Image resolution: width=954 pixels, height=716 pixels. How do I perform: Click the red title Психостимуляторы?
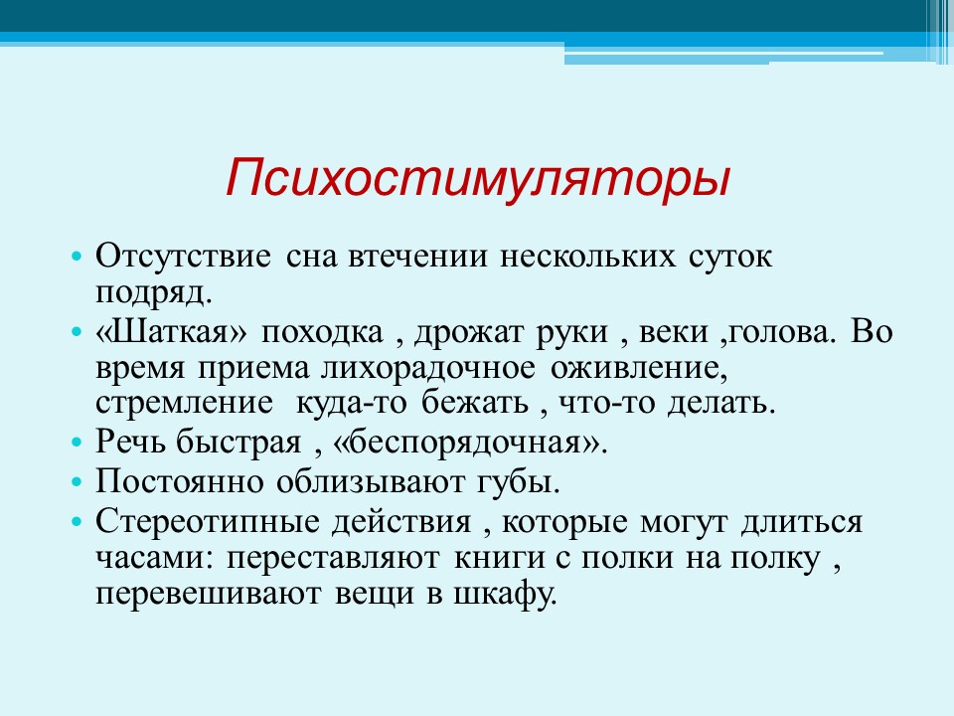coord(478,178)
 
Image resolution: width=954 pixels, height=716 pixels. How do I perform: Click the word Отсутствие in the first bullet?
coord(183,256)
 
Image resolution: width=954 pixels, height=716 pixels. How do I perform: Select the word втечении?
coord(417,257)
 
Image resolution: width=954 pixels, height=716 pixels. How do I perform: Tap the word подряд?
coord(154,292)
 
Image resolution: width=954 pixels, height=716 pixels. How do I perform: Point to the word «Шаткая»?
coord(172,332)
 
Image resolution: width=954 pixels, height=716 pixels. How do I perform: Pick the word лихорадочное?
coord(428,369)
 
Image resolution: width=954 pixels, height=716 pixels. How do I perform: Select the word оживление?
coord(639,369)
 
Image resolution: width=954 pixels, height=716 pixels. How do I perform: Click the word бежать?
coord(475,403)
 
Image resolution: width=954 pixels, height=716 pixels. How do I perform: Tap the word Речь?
coord(130,442)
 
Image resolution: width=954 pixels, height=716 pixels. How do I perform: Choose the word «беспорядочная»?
coord(470,443)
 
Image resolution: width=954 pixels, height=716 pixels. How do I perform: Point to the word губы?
coord(518,481)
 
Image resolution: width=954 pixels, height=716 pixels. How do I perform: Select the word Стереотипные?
coord(208,522)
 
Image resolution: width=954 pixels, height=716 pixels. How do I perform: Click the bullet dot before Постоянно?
coord(77,482)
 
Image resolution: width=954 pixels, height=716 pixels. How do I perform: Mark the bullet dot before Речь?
coord(77,442)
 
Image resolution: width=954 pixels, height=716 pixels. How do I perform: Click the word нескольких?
coord(587,257)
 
